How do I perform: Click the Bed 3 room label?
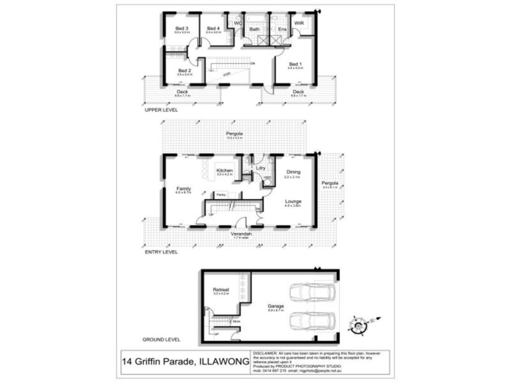click(183, 28)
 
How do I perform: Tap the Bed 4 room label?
click(213, 28)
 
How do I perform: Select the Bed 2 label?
click(185, 70)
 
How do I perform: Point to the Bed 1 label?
click(294, 64)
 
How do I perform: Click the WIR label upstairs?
click(298, 24)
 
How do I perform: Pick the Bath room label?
click(254, 29)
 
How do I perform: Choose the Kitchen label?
click(224, 170)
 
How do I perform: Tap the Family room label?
click(184, 189)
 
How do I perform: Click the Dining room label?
click(293, 172)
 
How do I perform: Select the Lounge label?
click(293, 201)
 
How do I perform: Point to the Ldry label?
click(261, 168)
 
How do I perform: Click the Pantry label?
click(221, 194)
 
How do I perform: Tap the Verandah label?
click(241, 234)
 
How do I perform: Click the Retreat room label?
click(221, 290)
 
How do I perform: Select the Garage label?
click(276, 306)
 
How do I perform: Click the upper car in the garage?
click(311, 292)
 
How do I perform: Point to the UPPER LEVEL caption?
click(161, 110)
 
